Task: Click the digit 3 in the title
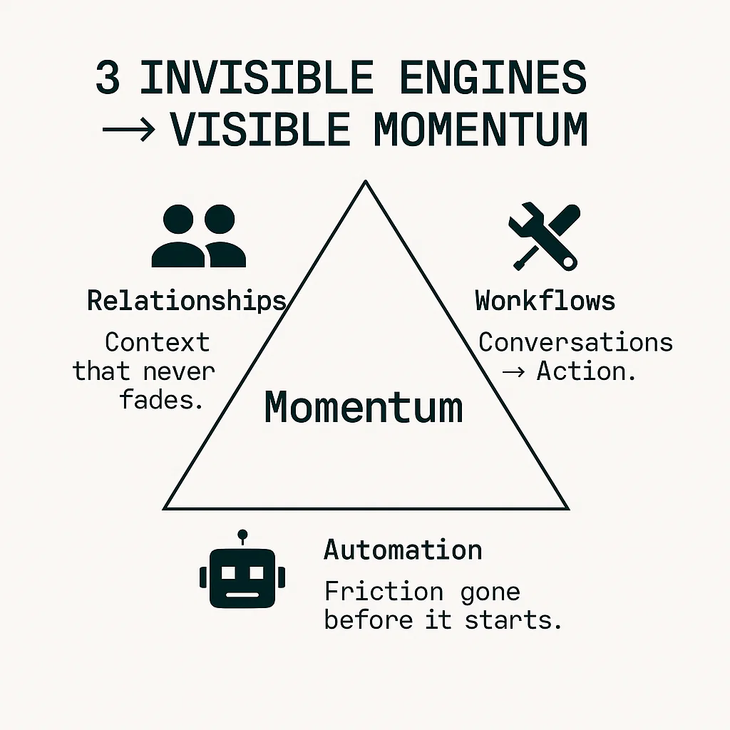108,78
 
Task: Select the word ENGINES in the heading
493,78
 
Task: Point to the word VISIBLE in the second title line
260,130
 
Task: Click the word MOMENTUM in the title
480,130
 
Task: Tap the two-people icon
198,236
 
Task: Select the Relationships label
187,300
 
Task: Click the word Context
158,342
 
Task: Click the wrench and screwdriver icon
544,236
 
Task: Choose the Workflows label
545,300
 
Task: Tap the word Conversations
575,342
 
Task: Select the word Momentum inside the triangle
364,408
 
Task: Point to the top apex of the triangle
366,182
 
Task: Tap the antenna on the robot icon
242,535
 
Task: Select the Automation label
403,550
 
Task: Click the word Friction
384,591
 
